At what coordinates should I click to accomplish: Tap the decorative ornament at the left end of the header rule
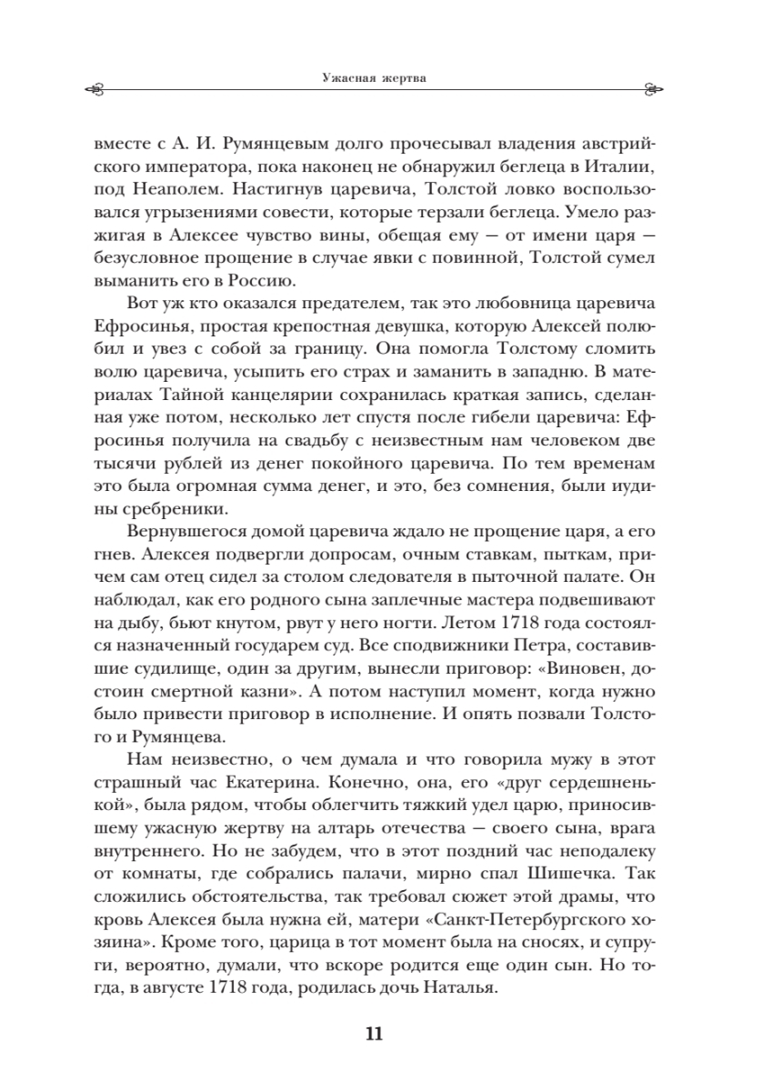[95, 89]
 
